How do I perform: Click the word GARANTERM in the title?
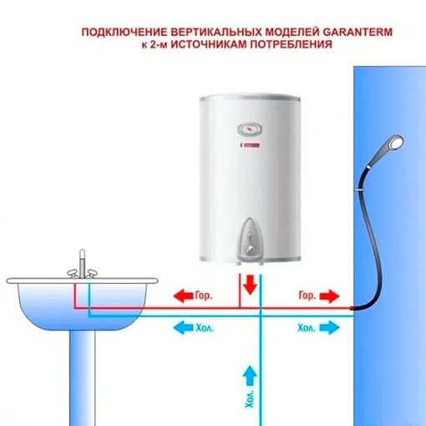click(358, 32)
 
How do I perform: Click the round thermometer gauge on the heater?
click(250, 129)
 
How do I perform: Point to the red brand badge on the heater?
click(250, 145)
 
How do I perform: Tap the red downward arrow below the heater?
click(250, 285)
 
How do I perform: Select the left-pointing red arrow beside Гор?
click(183, 296)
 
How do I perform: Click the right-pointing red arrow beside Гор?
click(330, 296)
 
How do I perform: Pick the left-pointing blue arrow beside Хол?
click(183, 327)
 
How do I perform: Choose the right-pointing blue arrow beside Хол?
click(330, 327)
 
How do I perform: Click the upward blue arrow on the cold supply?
click(250, 376)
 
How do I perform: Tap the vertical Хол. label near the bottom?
click(250, 398)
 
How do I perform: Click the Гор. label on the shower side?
click(307, 296)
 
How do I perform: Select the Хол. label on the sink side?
click(205, 327)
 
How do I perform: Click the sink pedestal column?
click(82, 378)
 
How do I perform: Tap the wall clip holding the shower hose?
click(359, 190)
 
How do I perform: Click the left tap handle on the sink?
click(73, 273)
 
